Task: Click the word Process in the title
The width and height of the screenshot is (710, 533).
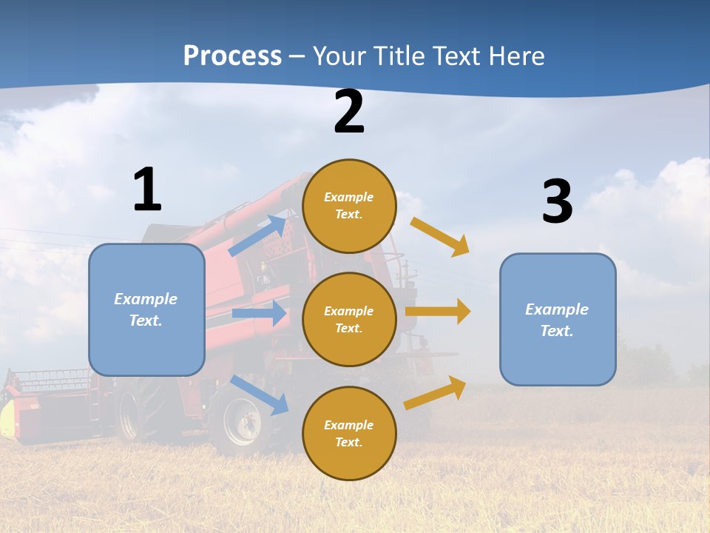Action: click(x=232, y=56)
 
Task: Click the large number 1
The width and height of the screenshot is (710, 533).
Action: click(x=147, y=190)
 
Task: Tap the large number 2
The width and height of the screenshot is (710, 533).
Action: click(x=349, y=113)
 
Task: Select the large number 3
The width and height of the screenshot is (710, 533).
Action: click(x=557, y=201)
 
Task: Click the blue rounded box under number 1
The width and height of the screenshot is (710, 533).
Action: click(x=146, y=309)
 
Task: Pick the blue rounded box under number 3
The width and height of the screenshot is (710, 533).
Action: click(x=558, y=319)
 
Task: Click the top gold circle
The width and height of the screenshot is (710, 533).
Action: click(x=349, y=206)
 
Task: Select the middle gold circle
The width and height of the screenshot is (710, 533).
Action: click(x=349, y=319)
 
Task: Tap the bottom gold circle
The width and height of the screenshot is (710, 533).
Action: click(x=349, y=433)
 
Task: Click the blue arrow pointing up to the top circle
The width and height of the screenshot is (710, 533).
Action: click(x=257, y=236)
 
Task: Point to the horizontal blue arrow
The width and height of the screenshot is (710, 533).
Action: click(x=259, y=313)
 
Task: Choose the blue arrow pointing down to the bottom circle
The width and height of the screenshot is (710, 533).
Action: click(x=259, y=395)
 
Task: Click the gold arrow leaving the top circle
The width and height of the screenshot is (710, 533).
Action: click(x=439, y=236)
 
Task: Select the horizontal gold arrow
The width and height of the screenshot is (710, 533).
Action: click(x=437, y=311)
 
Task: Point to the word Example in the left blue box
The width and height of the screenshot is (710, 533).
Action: click(x=146, y=299)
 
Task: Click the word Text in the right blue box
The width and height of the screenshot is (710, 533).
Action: click(x=556, y=331)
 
